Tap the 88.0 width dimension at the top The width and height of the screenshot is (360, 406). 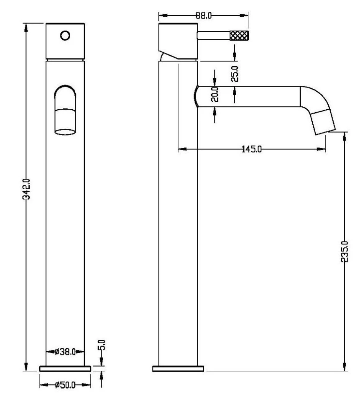(x=204, y=15)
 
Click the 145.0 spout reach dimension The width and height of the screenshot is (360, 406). (x=252, y=149)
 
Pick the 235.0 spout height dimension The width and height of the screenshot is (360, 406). (x=345, y=251)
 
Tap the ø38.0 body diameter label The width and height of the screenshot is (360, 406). (x=65, y=352)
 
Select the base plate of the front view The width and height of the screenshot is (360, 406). (x=65, y=368)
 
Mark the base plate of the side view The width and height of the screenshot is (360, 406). (x=179, y=368)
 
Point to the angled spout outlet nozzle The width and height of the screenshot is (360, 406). (x=323, y=121)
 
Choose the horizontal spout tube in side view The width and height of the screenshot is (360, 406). (x=249, y=97)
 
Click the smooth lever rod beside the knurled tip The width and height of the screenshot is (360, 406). (x=213, y=36)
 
